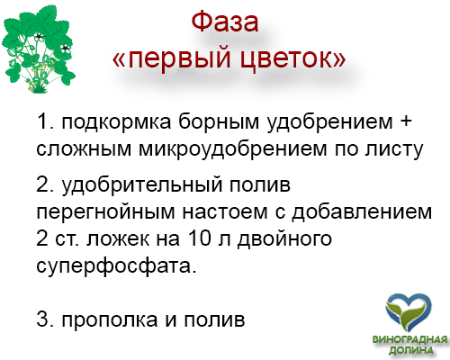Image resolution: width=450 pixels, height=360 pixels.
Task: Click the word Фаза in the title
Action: (x=225, y=22)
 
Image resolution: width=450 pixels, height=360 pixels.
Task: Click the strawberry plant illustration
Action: (x=38, y=49)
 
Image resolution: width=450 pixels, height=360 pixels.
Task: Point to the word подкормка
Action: (x=117, y=122)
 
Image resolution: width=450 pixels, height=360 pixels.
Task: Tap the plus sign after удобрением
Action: (x=406, y=121)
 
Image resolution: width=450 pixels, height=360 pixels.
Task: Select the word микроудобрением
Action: (x=233, y=149)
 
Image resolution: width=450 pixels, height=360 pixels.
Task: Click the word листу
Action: (x=394, y=149)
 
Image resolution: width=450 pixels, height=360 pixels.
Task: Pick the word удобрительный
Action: (x=142, y=184)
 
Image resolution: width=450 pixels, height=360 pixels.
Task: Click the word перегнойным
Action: (x=105, y=212)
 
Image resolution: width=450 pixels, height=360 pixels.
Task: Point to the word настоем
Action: (x=225, y=211)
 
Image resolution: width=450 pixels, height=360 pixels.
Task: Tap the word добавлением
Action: (x=362, y=211)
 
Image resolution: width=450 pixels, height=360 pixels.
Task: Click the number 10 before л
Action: (x=199, y=238)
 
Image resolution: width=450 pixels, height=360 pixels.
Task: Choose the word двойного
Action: (x=284, y=239)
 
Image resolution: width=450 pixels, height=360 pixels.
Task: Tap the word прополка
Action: (x=110, y=319)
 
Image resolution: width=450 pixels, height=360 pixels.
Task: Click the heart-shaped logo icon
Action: (x=409, y=313)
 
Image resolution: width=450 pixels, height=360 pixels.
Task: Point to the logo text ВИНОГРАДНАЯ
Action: (x=409, y=339)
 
